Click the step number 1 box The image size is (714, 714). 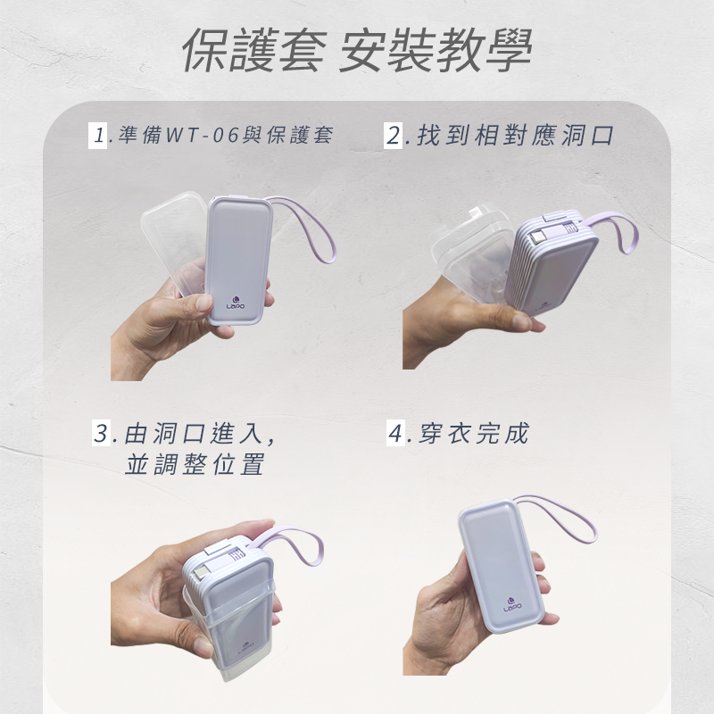coord(98,137)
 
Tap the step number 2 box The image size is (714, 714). coord(395,137)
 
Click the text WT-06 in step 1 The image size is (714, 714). coord(196,137)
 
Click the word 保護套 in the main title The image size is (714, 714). coord(253,53)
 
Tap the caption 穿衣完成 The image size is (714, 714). coord(473,435)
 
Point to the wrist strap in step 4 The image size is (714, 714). coord(571,518)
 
